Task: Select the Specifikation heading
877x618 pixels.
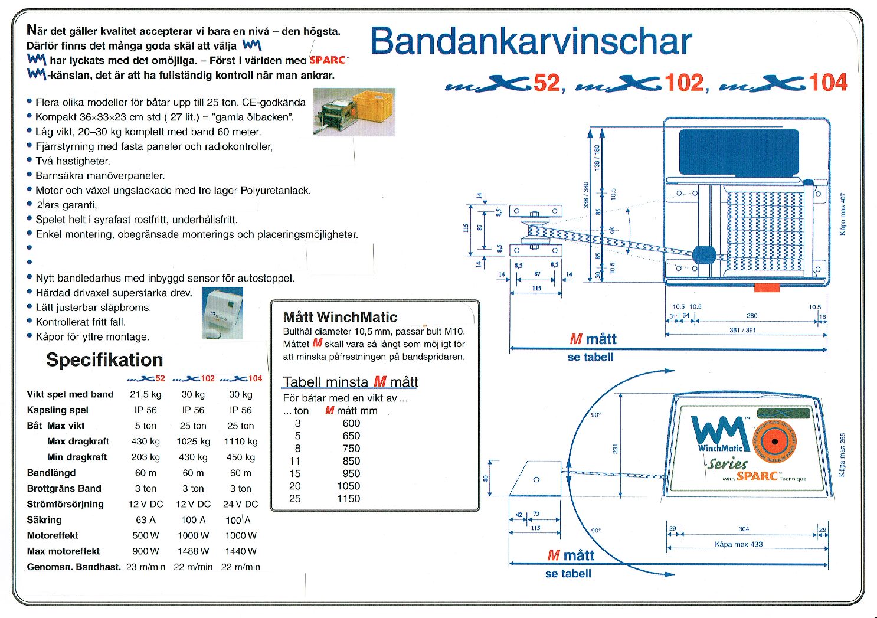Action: (x=104, y=359)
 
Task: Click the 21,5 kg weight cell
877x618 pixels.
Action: (x=146, y=394)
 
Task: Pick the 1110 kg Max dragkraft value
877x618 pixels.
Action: (x=241, y=442)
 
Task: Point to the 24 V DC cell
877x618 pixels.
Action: (x=241, y=504)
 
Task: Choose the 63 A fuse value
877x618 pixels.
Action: (x=146, y=520)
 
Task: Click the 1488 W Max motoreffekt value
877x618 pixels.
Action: (x=193, y=551)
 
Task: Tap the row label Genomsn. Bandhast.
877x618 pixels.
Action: (x=74, y=567)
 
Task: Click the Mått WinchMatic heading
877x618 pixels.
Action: (x=340, y=317)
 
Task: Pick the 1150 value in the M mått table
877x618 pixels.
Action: (x=349, y=499)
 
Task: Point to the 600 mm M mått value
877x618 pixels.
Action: (x=351, y=423)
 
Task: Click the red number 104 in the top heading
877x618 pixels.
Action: (x=828, y=83)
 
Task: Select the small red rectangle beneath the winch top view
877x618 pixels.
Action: (x=767, y=288)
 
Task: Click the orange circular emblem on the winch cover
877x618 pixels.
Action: (x=773, y=442)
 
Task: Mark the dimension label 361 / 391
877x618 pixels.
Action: (x=742, y=331)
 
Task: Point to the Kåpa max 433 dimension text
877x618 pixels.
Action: (x=738, y=544)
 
